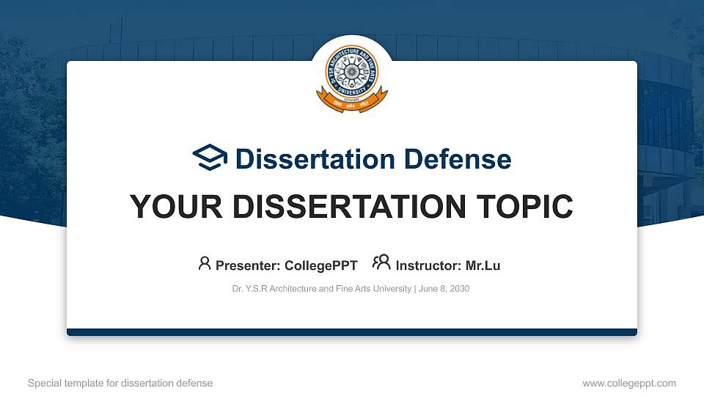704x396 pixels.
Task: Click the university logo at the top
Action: tap(351, 73)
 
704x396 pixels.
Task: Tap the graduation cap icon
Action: tap(210, 158)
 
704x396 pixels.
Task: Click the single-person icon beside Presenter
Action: tap(205, 263)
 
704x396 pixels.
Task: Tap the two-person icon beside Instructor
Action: tap(381, 263)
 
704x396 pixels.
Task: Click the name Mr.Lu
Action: tap(483, 265)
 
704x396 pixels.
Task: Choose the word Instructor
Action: tap(428, 265)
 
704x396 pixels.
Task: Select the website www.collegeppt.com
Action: tap(629, 383)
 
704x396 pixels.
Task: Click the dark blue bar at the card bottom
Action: tap(351, 332)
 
